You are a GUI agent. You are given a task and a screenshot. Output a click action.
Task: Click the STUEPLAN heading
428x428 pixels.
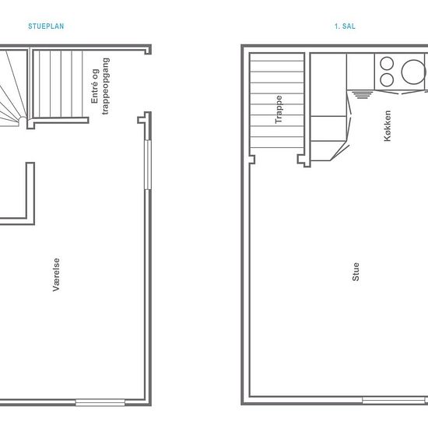46,26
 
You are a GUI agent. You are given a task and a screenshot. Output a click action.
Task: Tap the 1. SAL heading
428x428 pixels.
345,26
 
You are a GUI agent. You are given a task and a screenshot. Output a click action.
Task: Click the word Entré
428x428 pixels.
94,93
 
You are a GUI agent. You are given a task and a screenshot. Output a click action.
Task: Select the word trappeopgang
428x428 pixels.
105,86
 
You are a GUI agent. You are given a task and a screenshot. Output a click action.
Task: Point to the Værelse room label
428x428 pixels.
56,275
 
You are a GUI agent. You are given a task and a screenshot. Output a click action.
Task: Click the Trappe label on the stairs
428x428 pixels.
279,110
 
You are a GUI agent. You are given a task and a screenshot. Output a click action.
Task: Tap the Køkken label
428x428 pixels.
387,125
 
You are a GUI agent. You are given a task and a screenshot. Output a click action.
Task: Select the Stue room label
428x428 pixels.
356,272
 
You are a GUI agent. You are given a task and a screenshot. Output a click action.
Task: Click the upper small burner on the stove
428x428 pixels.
387,64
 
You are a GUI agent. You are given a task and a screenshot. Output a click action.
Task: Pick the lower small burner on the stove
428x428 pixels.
387,79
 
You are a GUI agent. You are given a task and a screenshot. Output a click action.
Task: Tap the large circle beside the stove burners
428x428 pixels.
413,72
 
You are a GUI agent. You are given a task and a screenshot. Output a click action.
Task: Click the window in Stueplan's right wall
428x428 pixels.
147,165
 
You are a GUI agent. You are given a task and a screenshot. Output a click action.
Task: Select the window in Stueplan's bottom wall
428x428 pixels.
100,402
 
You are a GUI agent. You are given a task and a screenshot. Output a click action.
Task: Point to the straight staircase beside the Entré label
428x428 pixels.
58,84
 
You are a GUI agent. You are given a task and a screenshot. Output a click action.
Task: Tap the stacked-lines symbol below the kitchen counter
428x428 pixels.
362,95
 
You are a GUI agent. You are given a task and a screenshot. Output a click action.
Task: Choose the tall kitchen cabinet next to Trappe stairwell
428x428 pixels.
328,85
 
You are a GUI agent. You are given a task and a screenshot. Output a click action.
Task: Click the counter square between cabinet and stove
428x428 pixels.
360,72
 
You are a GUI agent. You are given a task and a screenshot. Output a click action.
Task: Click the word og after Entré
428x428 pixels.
94,74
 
